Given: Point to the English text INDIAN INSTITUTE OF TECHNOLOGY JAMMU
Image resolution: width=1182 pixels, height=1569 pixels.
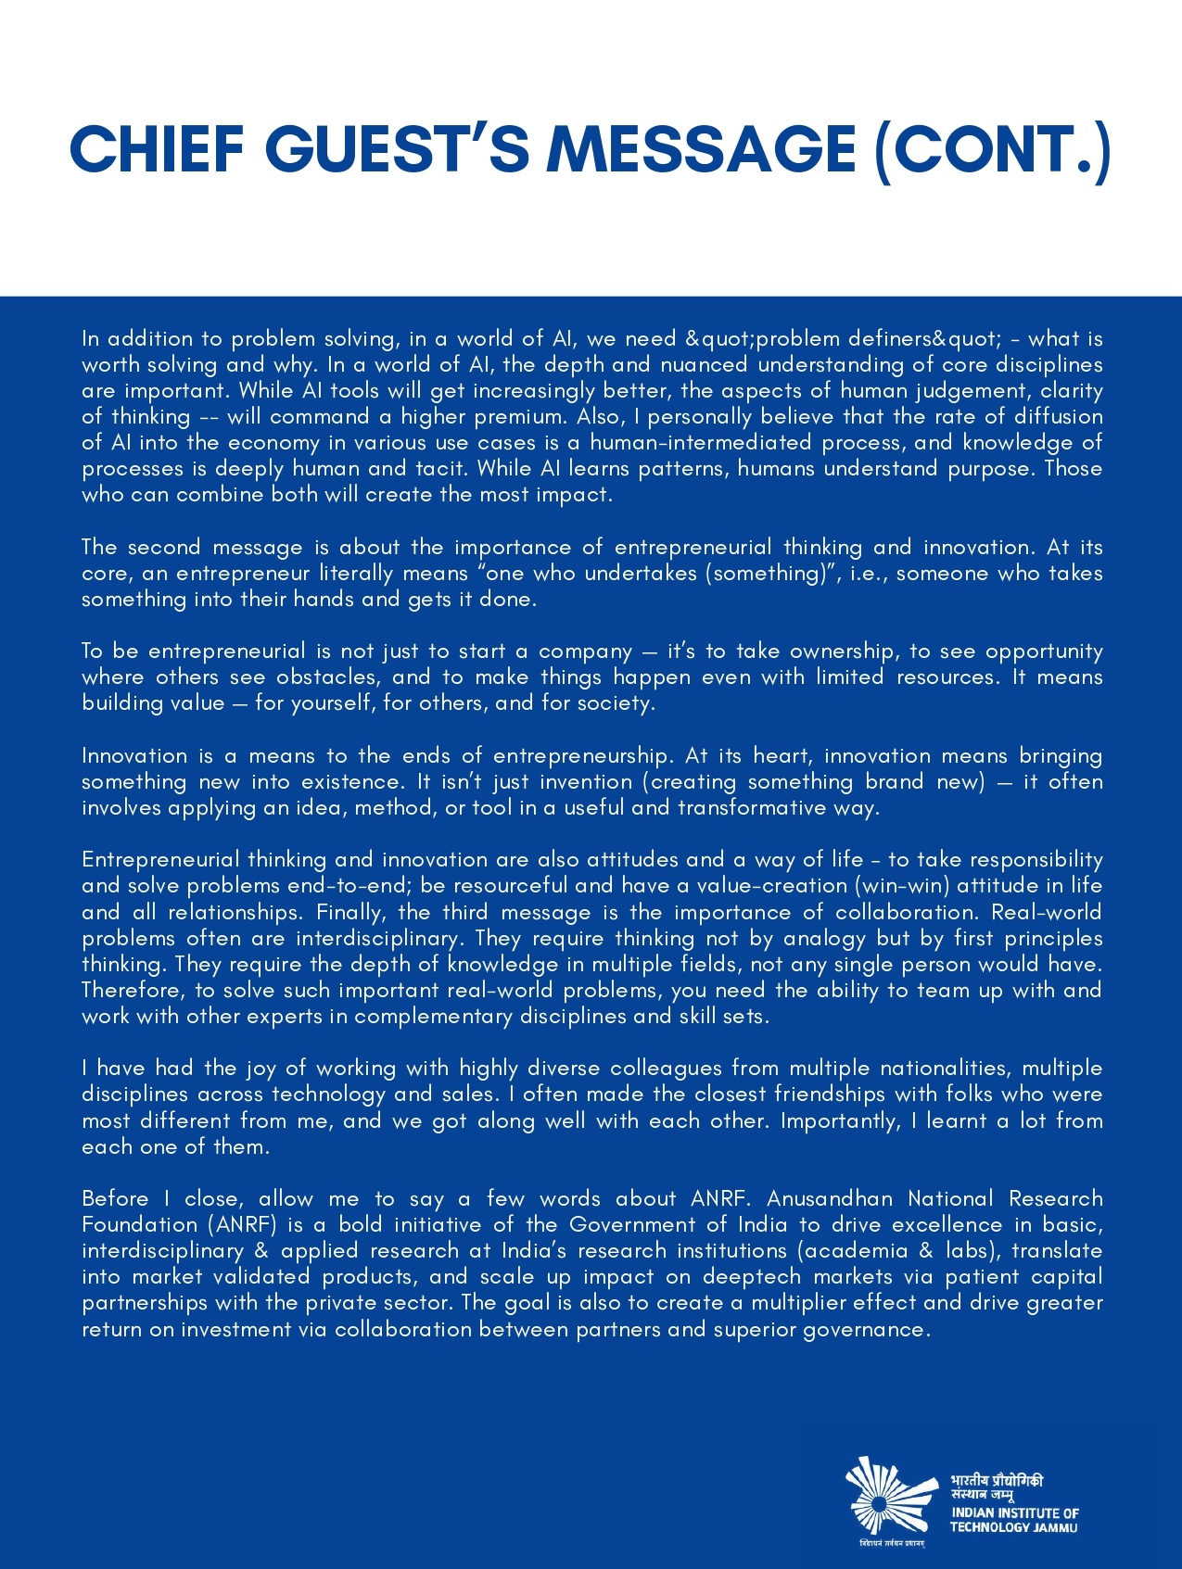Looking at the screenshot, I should pyautogui.click(x=1014, y=1520).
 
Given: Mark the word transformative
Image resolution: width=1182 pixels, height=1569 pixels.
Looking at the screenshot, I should pyautogui.click(x=751, y=808).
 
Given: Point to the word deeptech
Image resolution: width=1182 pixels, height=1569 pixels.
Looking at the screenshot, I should pyautogui.click(x=752, y=1277).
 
